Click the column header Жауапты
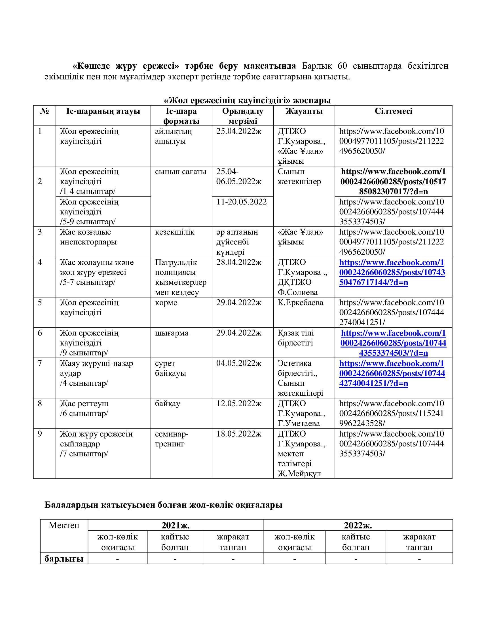pos(304,111)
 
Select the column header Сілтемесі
pos(393,111)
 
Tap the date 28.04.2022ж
pos(239,262)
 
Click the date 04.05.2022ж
pos(239,363)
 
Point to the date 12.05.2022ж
pos(239,403)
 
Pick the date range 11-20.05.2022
pos(241,202)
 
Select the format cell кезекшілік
pos(174,232)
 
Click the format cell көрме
pos(166,302)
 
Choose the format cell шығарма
pos(172,333)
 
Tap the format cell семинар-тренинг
pos(171,439)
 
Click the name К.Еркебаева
pos(300,302)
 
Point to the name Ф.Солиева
pos(297,292)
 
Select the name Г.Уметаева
pos(299,423)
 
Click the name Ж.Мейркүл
pos(299,473)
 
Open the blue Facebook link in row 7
pos(392,373)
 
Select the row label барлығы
pos(64,558)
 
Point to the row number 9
pos(40,434)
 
